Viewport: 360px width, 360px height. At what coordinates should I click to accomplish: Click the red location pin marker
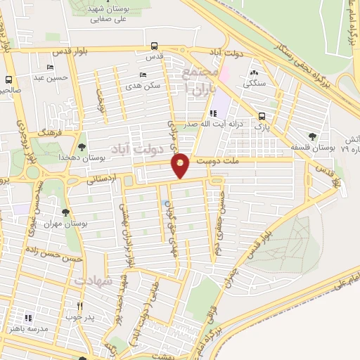click(x=181, y=165)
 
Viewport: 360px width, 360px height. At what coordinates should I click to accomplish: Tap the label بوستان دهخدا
click(x=103, y=158)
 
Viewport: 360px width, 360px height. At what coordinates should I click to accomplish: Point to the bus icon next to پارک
click(x=262, y=117)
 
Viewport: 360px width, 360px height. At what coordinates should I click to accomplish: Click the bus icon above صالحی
click(x=9, y=79)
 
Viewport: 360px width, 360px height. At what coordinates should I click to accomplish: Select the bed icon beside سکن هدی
click(x=143, y=75)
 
